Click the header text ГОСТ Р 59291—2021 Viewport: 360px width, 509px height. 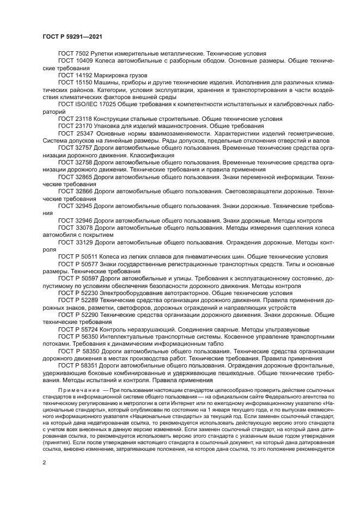point(72,35)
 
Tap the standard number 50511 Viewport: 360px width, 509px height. point(90,256)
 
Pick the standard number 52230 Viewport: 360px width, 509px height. point(90,292)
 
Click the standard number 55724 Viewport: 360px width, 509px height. point(90,329)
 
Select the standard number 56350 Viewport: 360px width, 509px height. point(90,336)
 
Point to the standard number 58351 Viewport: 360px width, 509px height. point(90,366)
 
